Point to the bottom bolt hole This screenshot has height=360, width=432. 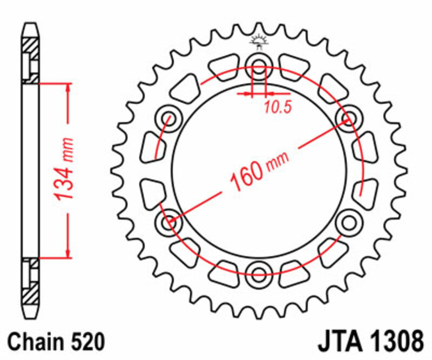[x=259, y=271]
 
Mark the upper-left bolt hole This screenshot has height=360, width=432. [x=170, y=118]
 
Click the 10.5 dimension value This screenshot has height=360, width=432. [x=278, y=107]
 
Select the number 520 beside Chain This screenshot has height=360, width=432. [x=85, y=342]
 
